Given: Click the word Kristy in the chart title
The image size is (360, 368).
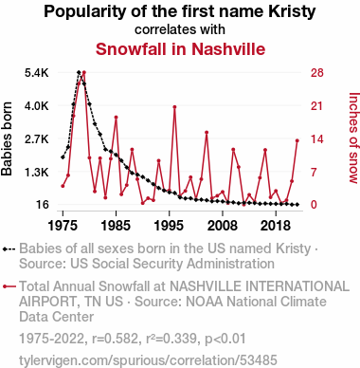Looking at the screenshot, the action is click(x=292, y=12).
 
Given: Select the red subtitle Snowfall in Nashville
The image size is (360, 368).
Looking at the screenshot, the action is click(x=180, y=49).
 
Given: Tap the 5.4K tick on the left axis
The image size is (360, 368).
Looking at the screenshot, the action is click(x=37, y=73).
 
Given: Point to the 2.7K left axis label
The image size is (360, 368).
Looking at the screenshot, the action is click(x=37, y=139).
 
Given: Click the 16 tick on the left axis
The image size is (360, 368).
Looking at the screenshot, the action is click(x=43, y=205).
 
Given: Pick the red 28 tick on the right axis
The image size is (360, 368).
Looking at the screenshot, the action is click(x=317, y=73).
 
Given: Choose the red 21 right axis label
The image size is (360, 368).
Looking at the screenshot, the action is click(x=317, y=106).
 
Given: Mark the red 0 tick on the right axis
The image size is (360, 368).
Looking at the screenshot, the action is click(x=314, y=205).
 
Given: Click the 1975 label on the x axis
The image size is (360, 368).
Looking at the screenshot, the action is click(x=63, y=226).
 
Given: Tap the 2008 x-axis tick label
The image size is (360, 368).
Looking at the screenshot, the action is click(x=223, y=226).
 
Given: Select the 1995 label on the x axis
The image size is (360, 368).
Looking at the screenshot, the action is click(x=170, y=226).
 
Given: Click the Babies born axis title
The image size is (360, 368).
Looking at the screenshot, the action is click(x=7, y=138).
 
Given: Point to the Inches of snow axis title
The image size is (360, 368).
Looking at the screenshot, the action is click(x=354, y=138).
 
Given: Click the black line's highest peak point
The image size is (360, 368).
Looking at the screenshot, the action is click(x=79, y=72).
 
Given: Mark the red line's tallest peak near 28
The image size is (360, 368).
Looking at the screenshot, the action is click(x=84, y=72).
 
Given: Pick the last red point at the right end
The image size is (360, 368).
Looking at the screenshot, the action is click(x=297, y=140).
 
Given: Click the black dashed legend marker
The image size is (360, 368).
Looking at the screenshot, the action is click(x=9, y=249).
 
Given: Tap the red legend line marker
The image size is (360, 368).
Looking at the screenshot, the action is click(x=9, y=286).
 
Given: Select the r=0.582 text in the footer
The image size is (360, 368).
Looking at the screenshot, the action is click(x=116, y=339).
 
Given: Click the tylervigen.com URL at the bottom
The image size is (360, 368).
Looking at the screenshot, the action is click(x=148, y=360).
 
